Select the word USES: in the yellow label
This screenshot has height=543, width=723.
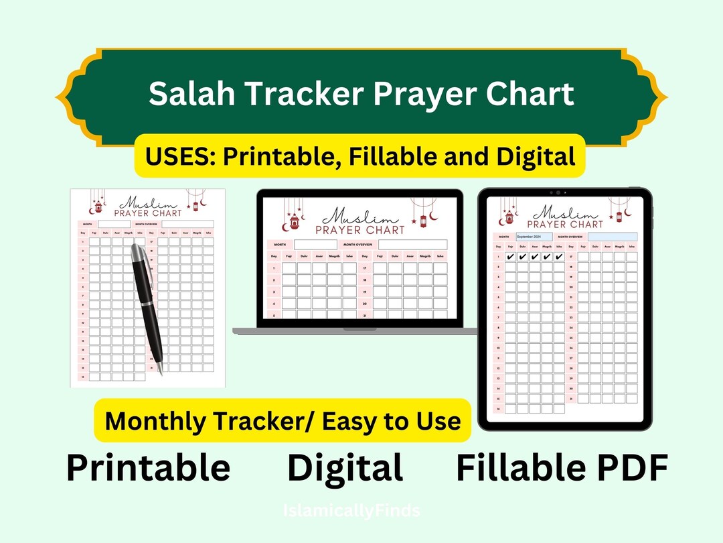180,156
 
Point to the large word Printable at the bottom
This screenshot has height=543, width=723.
148,468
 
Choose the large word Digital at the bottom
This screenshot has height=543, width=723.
345,468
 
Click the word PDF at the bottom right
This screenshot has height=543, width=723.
629,468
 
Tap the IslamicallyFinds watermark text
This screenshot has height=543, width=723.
351,511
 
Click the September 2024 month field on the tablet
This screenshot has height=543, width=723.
534,237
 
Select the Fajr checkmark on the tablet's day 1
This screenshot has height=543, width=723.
511,257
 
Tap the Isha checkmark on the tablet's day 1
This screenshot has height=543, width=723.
559,257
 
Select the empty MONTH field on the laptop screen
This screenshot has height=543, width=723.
315,245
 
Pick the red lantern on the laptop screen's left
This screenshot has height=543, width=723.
295,221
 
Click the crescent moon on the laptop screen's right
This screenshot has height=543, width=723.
432,217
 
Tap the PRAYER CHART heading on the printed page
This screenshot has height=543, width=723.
148,213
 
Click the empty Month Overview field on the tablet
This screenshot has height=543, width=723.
613,237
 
